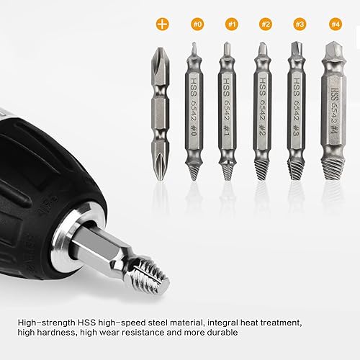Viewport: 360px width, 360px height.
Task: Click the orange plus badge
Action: [163, 24]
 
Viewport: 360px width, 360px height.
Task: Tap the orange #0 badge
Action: [197, 24]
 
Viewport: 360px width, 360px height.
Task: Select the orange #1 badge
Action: [232, 24]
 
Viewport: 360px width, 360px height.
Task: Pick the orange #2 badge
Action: [266, 24]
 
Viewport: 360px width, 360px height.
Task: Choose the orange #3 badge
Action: [300, 24]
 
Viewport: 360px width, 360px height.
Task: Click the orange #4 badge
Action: [336, 24]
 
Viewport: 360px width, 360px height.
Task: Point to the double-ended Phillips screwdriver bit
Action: [161, 114]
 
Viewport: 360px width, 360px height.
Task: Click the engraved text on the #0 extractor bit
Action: [194, 107]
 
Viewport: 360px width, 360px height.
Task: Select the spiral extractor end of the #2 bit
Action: [262, 168]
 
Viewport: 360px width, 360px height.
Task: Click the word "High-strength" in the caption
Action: [46, 323]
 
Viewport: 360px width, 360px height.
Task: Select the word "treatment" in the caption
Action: [281, 323]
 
